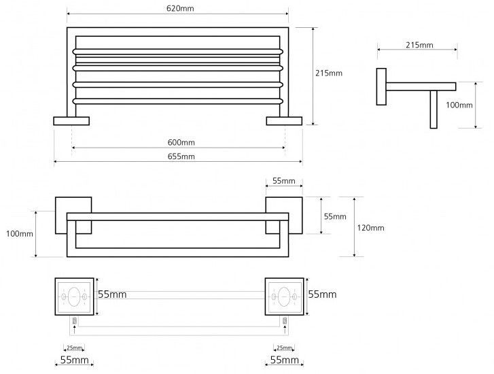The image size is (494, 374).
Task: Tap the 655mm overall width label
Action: [179, 156]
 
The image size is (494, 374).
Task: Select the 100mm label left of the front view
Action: [18, 234]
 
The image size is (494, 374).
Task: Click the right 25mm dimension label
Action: [284, 347]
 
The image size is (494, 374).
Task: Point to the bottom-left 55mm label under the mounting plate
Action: [73, 358]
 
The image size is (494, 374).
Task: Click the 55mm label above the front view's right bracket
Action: [284, 181]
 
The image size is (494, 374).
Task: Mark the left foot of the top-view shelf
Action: [71, 121]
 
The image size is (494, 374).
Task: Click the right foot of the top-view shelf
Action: [285, 121]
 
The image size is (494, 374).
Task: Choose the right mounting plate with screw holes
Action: [285, 296]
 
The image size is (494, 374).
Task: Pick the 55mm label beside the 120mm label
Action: [335, 216]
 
